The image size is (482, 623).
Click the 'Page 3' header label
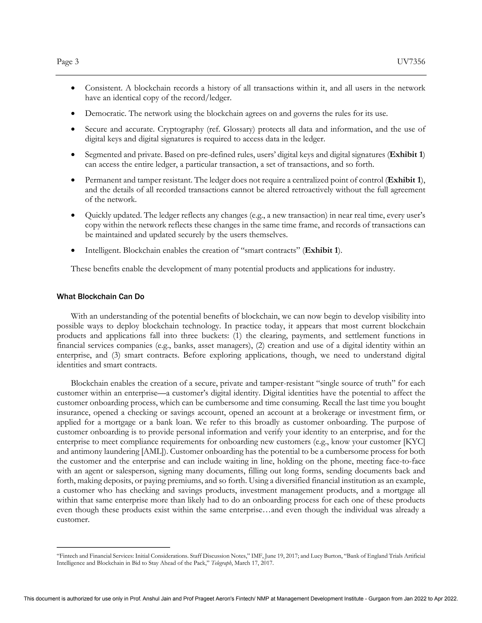[68, 62]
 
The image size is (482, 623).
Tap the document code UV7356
[411, 62]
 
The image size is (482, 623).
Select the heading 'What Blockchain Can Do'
[100, 297]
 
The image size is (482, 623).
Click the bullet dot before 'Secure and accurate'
[73, 130]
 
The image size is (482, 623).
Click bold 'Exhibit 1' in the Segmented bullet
[406, 155]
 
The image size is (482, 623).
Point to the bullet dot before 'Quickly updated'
[73, 215]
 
